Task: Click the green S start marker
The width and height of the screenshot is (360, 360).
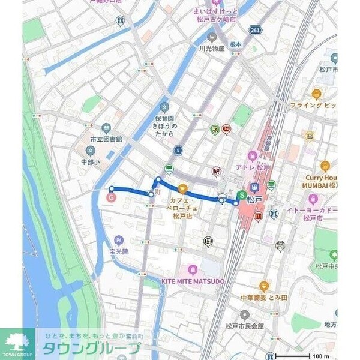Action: coord(241,195)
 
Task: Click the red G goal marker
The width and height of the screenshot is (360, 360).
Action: coord(111,196)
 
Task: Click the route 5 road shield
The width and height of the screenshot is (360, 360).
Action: coord(178,150)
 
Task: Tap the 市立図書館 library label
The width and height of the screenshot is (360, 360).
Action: coord(103,139)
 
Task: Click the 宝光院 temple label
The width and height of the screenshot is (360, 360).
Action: coord(119,252)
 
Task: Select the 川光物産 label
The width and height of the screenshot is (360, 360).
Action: coord(212,48)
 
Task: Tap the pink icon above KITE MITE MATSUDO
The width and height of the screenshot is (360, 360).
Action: coord(193,269)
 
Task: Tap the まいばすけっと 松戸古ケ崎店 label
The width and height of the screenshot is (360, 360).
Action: coord(212,14)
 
